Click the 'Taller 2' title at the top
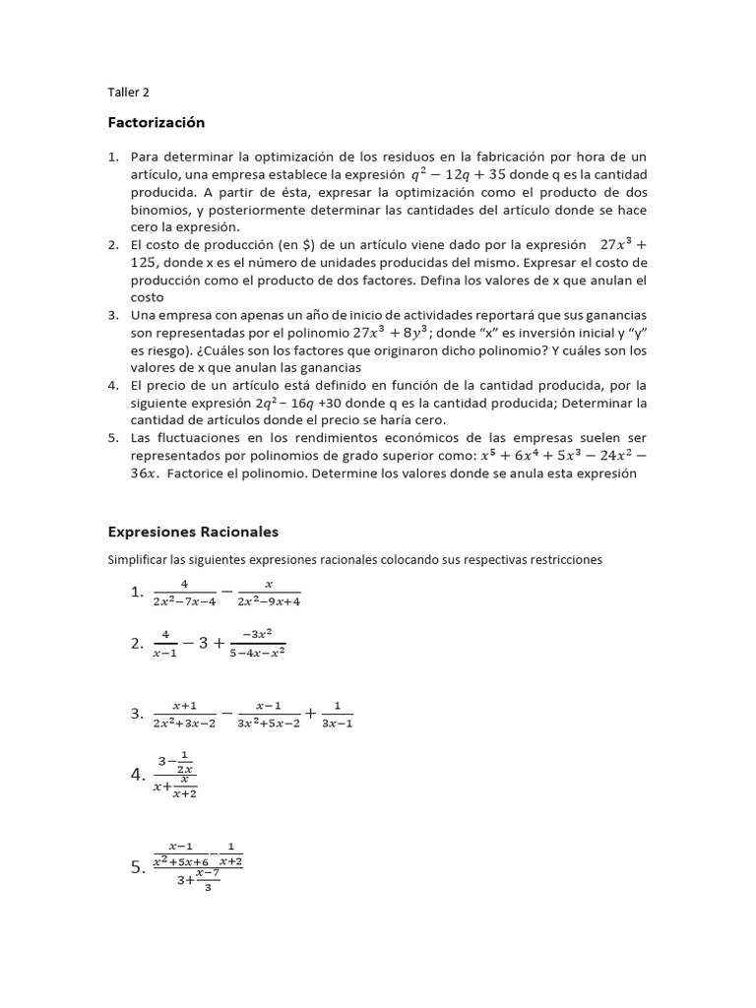(128, 93)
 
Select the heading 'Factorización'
(156, 123)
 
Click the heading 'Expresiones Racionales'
(193, 532)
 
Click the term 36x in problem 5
(145, 473)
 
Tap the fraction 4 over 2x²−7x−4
(184, 593)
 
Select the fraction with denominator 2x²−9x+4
(269, 593)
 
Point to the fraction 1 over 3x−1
(337, 714)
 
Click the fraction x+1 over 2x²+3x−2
(184, 714)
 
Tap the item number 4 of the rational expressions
(137, 775)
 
